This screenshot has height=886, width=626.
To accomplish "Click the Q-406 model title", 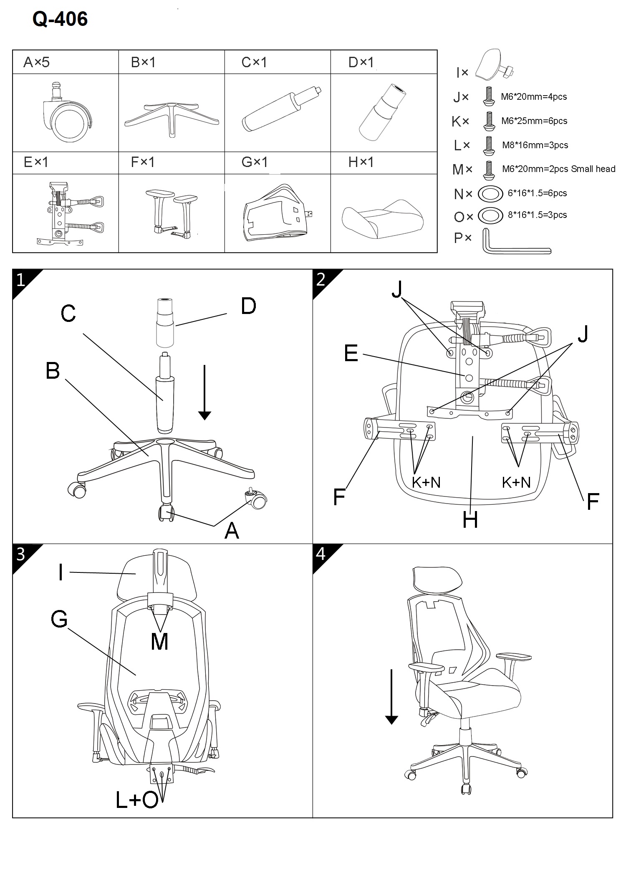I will point(60,19).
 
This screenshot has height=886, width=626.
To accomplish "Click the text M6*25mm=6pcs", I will point(534,121).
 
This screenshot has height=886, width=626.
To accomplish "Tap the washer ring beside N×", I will point(490,193).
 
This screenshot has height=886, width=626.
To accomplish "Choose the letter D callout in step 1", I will point(248,306).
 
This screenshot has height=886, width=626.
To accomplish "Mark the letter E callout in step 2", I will point(351,353).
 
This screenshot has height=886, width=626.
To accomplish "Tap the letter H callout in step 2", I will point(470,520).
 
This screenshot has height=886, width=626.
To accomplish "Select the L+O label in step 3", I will point(137,800).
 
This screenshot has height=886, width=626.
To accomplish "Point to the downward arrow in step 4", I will point(391,697).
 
